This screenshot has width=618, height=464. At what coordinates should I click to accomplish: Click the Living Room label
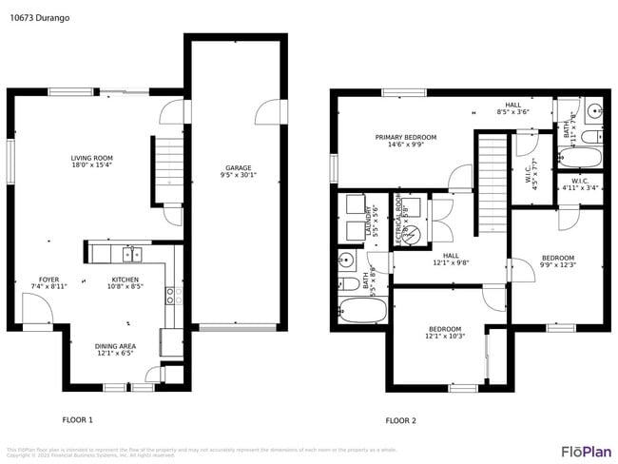click(x=92, y=163)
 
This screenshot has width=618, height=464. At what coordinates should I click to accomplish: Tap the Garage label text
click(x=238, y=171)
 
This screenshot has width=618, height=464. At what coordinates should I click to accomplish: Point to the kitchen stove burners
click(x=172, y=295)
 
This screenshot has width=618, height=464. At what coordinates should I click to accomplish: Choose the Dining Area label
click(x=114, y=350)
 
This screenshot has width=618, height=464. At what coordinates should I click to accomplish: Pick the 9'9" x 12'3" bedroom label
click(x=558, y=261)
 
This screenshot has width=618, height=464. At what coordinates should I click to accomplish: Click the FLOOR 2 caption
click(x=400, y=420)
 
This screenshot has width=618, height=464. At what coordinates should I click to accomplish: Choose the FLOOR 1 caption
click(x=78, y=419)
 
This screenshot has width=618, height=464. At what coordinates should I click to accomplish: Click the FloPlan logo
click(x=586, y=451)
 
